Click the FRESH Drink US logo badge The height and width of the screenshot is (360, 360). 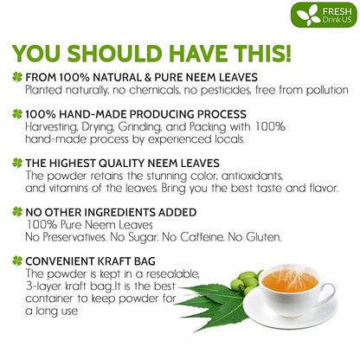pos(324,15)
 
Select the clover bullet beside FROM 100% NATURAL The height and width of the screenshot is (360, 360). pos(17,77)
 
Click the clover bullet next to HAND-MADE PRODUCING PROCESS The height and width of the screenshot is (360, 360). pos(17,114)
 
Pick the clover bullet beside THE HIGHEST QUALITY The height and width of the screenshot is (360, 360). pos(17,164)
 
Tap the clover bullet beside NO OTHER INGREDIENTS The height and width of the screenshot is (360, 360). pos(17,212)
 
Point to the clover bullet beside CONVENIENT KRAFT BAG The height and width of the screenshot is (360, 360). pos(17,261)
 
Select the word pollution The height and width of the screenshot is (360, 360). pos(327,90)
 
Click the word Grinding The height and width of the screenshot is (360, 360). pos(139,127)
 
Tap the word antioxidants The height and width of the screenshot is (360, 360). pos(252,176)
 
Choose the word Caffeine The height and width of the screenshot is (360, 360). pos(202,237)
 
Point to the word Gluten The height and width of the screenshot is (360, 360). pos(263,237)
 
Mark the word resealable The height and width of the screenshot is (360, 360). pos(172,273)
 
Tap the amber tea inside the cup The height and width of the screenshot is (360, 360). pos(290,280)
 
